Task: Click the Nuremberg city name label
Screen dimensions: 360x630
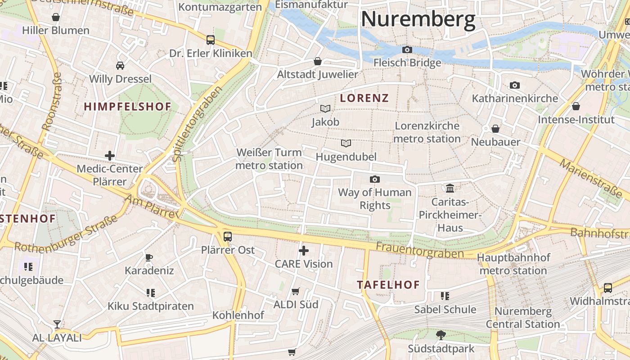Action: [418, 20]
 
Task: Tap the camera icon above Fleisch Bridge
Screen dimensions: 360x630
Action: [407, 49]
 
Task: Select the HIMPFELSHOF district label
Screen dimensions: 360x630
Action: [128, 107]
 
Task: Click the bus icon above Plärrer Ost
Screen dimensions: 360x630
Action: [228, 236]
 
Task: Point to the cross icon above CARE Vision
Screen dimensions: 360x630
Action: [304, 250]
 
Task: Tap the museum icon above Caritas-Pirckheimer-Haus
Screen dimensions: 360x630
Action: [450, 188]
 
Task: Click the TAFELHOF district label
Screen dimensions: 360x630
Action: [388, 285]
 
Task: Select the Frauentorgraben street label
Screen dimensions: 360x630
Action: [419, 250]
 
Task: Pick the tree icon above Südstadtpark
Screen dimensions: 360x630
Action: [441, 335]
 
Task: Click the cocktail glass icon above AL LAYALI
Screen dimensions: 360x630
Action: [57, 324]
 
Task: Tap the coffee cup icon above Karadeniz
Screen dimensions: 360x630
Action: [149, 257]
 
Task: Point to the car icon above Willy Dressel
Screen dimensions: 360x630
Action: [120, 66]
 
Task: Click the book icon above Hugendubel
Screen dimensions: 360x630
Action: [346, 143]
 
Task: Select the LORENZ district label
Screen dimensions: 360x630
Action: [364, 98]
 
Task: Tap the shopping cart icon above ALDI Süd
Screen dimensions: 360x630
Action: [296, 291]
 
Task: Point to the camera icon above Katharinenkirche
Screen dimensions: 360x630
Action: [514, 85]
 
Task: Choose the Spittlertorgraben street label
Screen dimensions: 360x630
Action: [198, 123]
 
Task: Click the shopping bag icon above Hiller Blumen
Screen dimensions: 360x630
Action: [56, 17]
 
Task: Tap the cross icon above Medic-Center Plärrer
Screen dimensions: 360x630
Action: [109, 156]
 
